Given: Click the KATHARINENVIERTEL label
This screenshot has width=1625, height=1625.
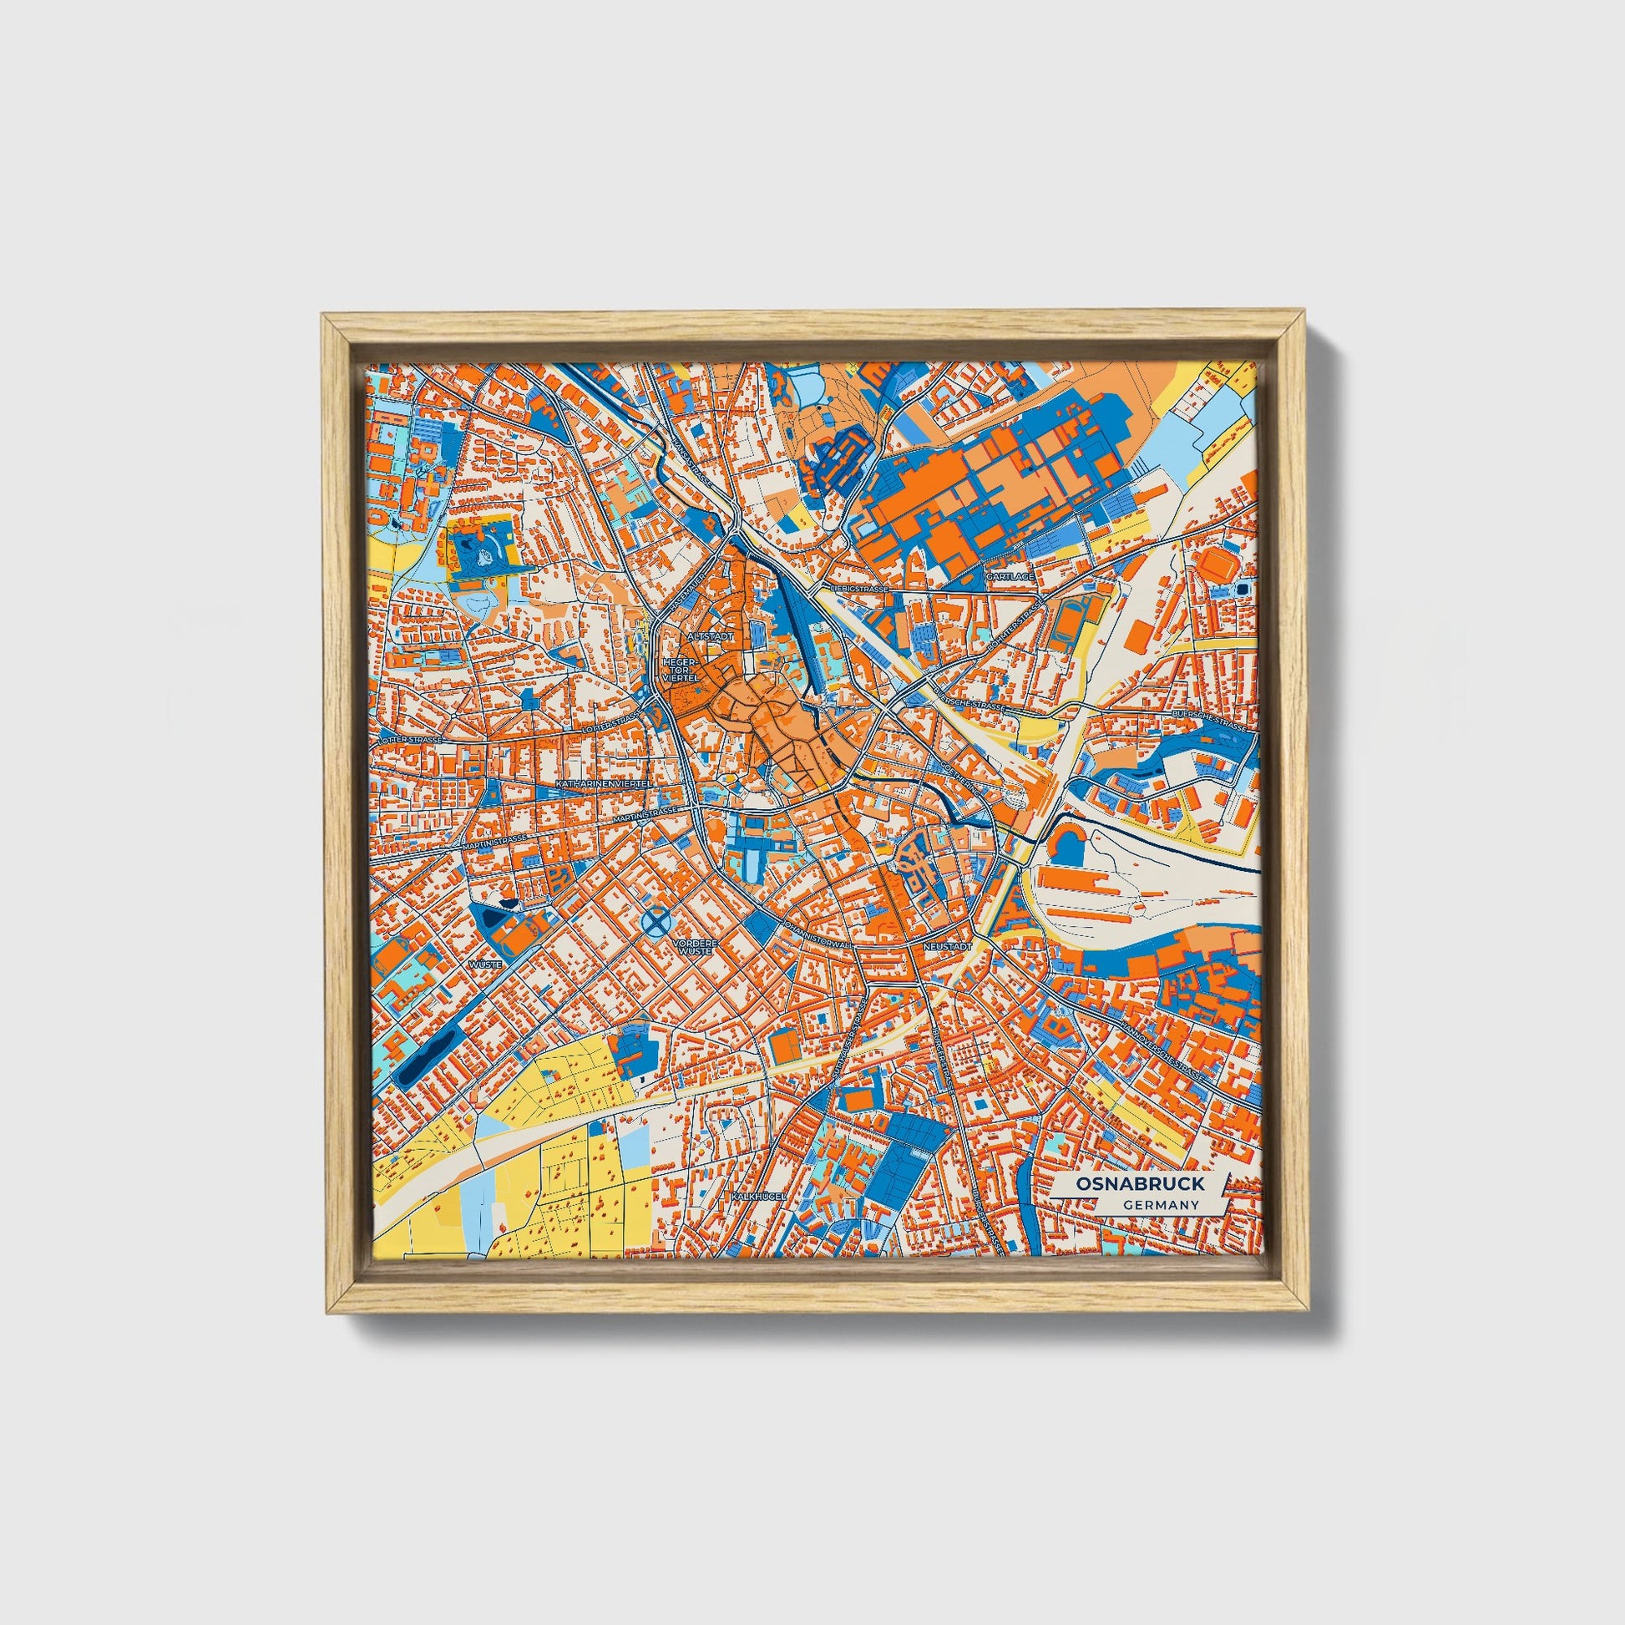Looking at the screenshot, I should pyautogui.click(x=605, y=783).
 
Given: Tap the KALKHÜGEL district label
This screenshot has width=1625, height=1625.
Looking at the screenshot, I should pyautogui.click(x=752, y=1195).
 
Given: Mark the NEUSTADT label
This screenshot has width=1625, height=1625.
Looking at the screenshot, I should pyautogui.click(x=947, y=946).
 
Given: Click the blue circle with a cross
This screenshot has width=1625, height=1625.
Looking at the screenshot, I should pyautogui.click(x=656, y=923).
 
